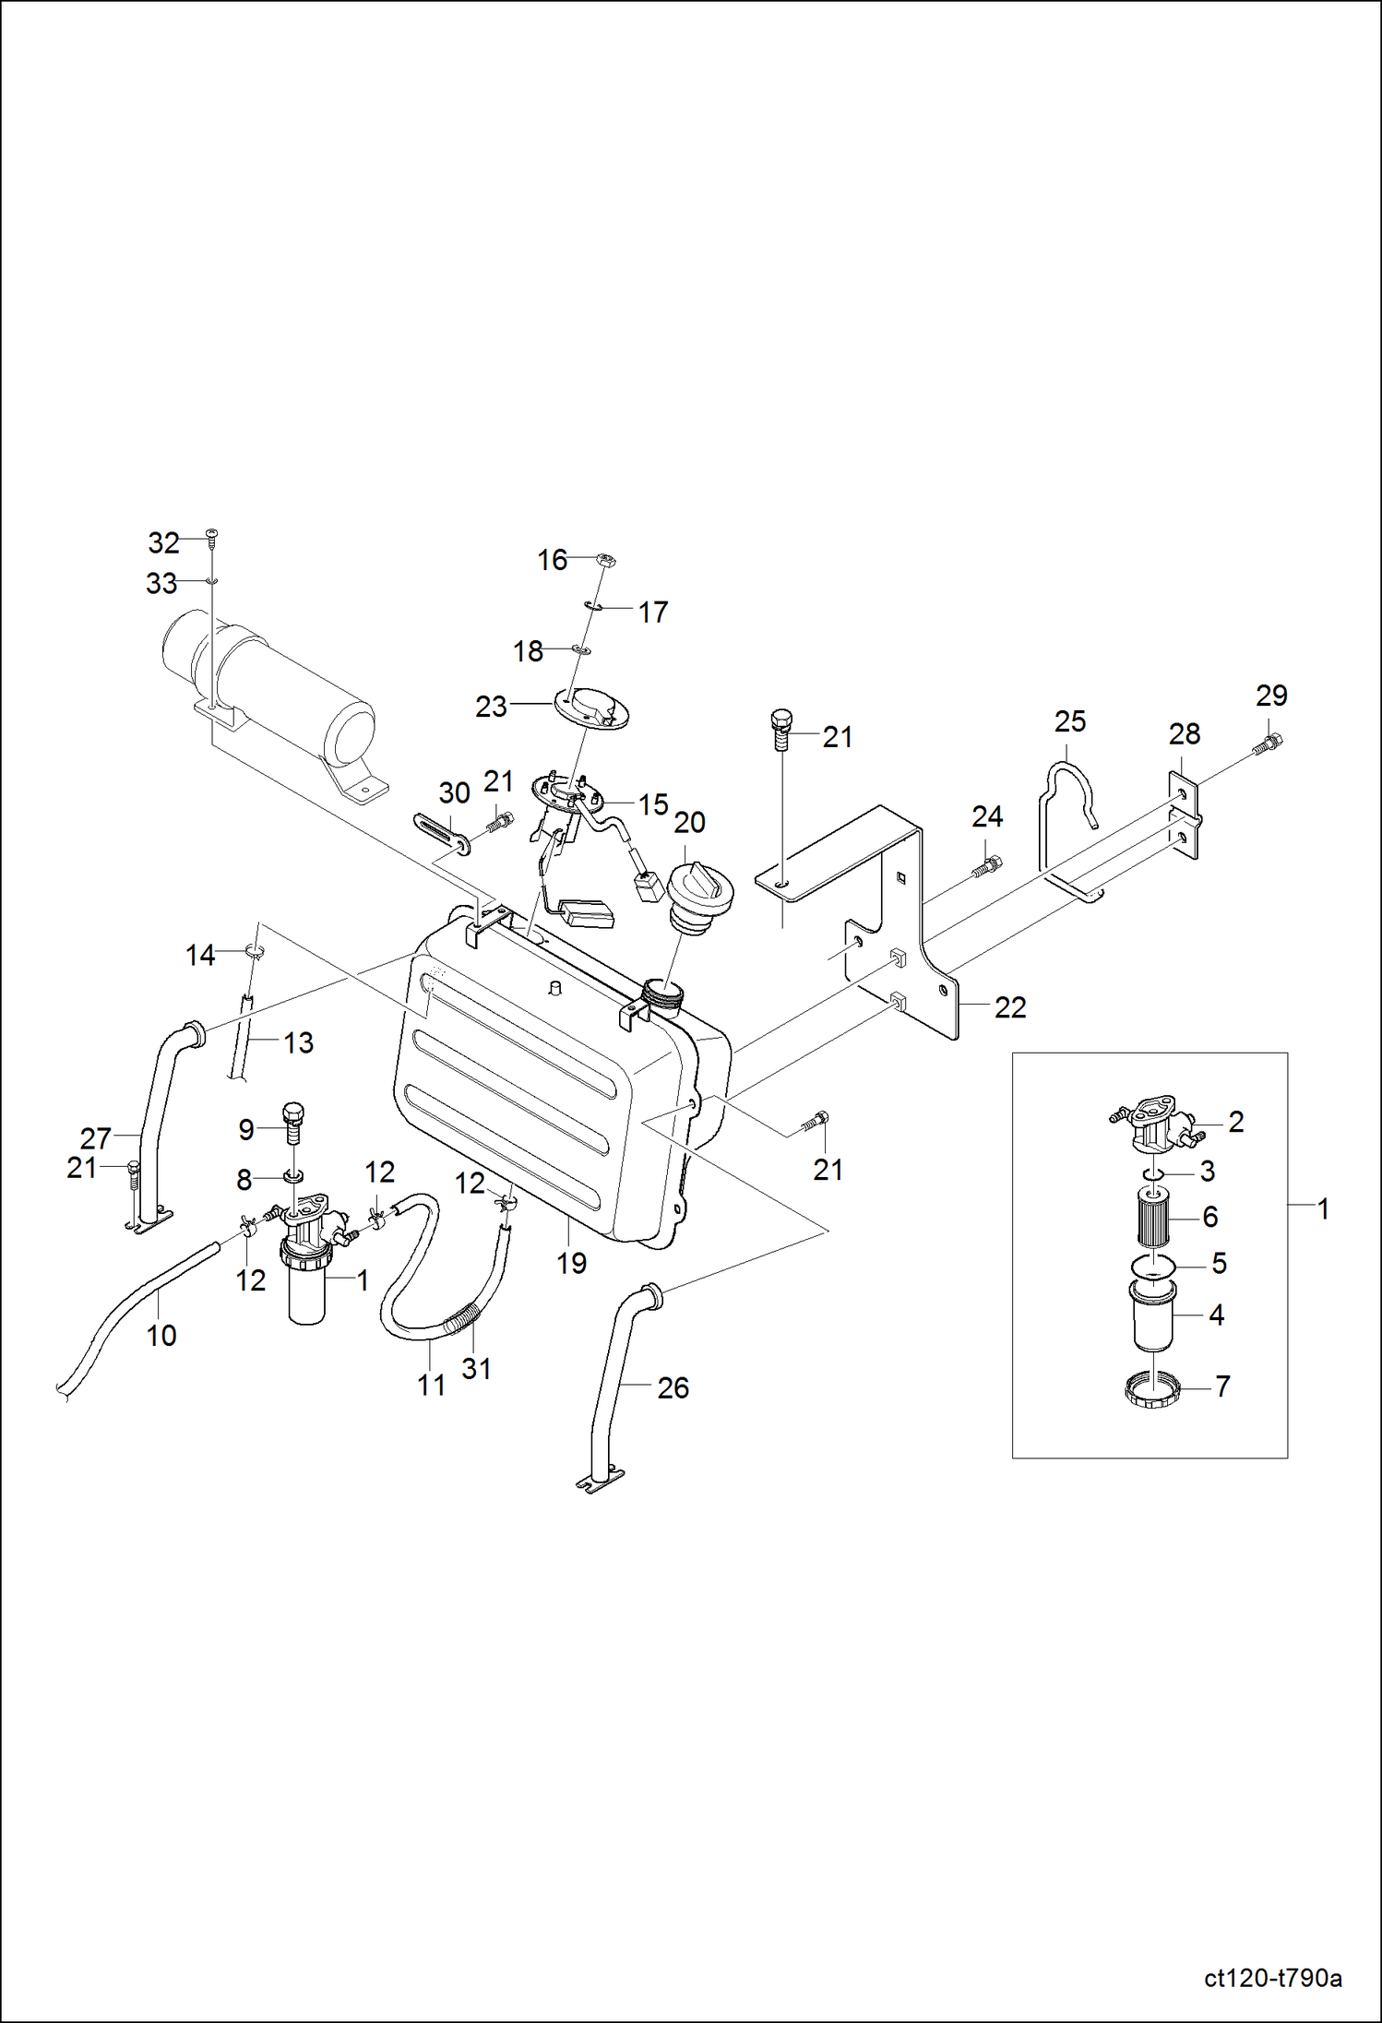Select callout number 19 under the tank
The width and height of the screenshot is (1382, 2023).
pos(571,1263)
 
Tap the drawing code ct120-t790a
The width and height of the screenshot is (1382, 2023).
pos(1272,1977)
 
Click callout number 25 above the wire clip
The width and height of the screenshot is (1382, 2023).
pos(1070,721)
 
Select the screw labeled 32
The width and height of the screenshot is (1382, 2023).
pos(212,535)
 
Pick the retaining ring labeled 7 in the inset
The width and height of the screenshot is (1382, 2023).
pos(1150,1388)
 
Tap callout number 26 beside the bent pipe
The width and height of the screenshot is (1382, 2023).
pos(673,1387)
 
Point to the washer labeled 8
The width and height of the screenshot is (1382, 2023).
pos(294,1176)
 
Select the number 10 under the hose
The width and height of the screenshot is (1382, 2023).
pos(161,1335)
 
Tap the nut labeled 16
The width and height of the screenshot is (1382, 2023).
pos(606,559)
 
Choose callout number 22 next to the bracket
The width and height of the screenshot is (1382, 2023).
pos(1010,1007)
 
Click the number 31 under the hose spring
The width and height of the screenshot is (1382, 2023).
pos(476,1368)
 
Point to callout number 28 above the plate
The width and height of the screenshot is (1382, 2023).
pos(1185,734)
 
